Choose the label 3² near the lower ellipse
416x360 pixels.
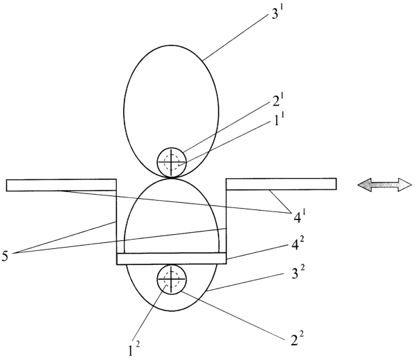pos(298,273)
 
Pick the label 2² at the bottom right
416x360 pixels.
pos(297,339)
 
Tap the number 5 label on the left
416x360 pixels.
pos(5,256)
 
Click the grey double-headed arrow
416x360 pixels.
pos(385,185)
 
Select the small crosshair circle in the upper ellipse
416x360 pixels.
pos(172,162)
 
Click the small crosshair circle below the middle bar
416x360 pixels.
pos(172,279)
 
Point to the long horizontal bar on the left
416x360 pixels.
pos(62,185)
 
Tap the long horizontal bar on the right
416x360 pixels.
pos(281,184)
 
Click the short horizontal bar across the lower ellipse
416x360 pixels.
pos(171,258)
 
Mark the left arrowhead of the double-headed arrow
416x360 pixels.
pos(364,185)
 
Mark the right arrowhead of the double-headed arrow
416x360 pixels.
pos(405,185)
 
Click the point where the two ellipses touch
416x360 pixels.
pos(171,178)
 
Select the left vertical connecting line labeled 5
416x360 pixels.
pos(116,221)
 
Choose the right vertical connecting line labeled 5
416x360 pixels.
pos(226,221)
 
